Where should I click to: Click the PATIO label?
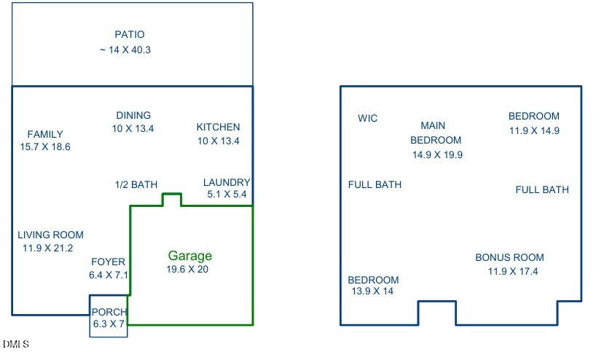pyautogui.click(x=130, y=34)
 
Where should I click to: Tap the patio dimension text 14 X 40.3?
pyautogui.click(x=125, y=50)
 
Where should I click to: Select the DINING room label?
pyautogui.click(x=133, y=115)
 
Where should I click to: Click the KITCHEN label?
pyautogui.click(x=218, y=128)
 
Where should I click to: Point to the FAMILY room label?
pyautogui.click(x=45, y=134)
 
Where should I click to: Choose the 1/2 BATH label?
pyautogui.click(x=136, y=184)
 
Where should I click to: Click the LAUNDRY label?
pyautogui.click(x=227, y=182)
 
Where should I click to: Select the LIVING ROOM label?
pyautogui.click(x=51, y=235)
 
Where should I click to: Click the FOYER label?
pyautogui.click(x=109, y=262)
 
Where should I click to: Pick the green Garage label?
pyautogui.click(x=190, y=256)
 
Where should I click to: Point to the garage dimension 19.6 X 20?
pyautogui.click(x=187, y=269)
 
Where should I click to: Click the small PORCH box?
pyautogui.click(x=109, y=317)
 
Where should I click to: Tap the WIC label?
pyautogui.click(x=368, y=119)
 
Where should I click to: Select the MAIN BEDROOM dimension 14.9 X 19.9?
pyautogui.click(x=438, y=154)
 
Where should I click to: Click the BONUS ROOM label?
pyautogui.click(x=509, y=257)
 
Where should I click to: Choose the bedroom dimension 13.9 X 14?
pyautogui.click(x=372, y=291)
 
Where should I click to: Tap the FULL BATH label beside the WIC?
pyautogui.click(x=375, y=184)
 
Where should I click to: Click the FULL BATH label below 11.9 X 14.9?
pyautogui.click(x=542, y=189)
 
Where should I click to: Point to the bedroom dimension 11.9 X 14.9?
pyautogui.click(x=534, y=131)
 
